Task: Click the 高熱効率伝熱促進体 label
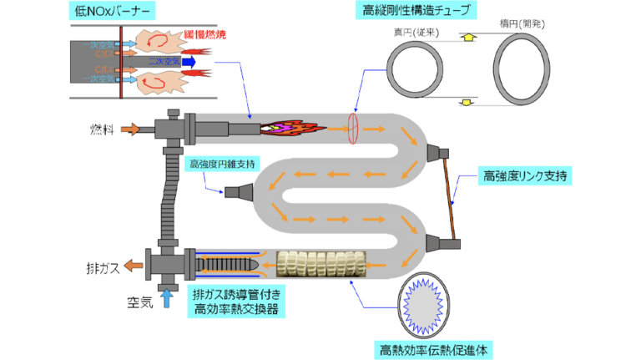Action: click(433, 346)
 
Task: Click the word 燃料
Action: click(101, 129)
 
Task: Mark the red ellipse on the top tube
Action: click(353, 129)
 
